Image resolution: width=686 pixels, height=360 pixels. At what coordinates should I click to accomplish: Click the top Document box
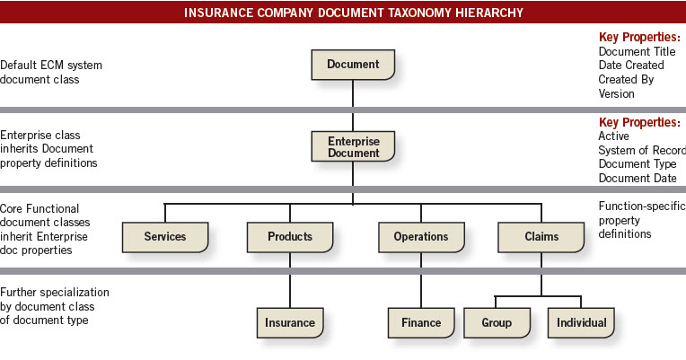[353, 65]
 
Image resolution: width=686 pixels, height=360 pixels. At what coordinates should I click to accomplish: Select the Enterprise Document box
[353, 146]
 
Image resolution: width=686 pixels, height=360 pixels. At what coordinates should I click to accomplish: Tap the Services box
[165, 237]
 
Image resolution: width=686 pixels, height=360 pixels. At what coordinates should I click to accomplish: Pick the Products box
[290, 237]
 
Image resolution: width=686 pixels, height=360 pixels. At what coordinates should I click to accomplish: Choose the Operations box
[421, 237]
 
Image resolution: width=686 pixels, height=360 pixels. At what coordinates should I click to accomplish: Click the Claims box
[541, 237]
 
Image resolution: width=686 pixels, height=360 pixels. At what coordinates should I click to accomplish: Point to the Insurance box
[290, 323]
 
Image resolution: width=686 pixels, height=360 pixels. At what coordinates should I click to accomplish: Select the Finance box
[421, 323]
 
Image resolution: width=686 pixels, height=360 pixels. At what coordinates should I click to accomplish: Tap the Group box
[497, 323]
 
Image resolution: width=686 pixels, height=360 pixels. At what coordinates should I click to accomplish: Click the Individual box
[581, 323]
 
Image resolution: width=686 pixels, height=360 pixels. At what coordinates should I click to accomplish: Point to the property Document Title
[637, 51]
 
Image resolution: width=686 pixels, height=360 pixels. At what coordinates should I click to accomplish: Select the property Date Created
[631, 66]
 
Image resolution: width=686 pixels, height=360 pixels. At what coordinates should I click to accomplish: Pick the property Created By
[626, 80]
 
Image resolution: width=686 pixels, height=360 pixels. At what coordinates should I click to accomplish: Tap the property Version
[617, 93]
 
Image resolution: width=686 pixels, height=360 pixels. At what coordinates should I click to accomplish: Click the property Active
[614, 136]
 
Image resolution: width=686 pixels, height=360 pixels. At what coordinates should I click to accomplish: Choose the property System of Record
[642, 150]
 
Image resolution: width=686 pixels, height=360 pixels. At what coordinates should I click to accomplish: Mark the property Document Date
[638, 178]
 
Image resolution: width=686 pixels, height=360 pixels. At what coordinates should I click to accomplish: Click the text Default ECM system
[51, 66]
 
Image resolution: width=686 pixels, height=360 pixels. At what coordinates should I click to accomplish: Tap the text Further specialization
[55, 292]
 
